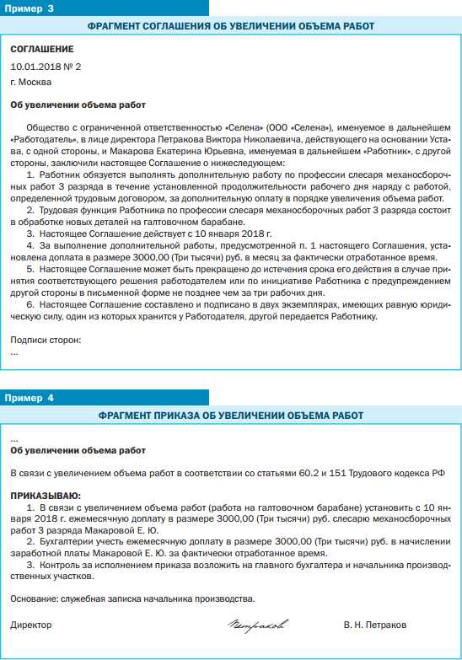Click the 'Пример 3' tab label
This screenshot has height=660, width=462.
pyautogui.click(x=31, y=8)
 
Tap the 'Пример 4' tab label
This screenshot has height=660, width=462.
pyautogui.click(x=31, y=396)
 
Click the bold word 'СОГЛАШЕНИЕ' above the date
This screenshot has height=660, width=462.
pyautogui.click(x=41, y=50)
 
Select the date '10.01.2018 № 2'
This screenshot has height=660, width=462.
pyautogui.click(x=46, y=66)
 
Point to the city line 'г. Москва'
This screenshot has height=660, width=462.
pyautogui.click(x=31, y=82)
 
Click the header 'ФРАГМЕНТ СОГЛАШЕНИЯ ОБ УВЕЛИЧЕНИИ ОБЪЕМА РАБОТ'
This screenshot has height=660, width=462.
pyautogui.click(x=231, y=27)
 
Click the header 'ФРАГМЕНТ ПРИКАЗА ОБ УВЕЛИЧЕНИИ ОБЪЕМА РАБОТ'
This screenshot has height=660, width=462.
pyautogui.click(x=231, y=416)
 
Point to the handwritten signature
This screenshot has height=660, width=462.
pyautogui.click(x=257, y=625)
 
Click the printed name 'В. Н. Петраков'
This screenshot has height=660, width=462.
pyautogui.click(x=374, y=625)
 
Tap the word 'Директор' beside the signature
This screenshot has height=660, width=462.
pyautogui.click(x=31, y=625)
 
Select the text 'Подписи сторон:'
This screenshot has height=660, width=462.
pyautogui.click(x=46, y=340)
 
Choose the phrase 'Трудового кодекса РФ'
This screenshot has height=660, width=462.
pyautogui.click(x=399, y=474)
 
